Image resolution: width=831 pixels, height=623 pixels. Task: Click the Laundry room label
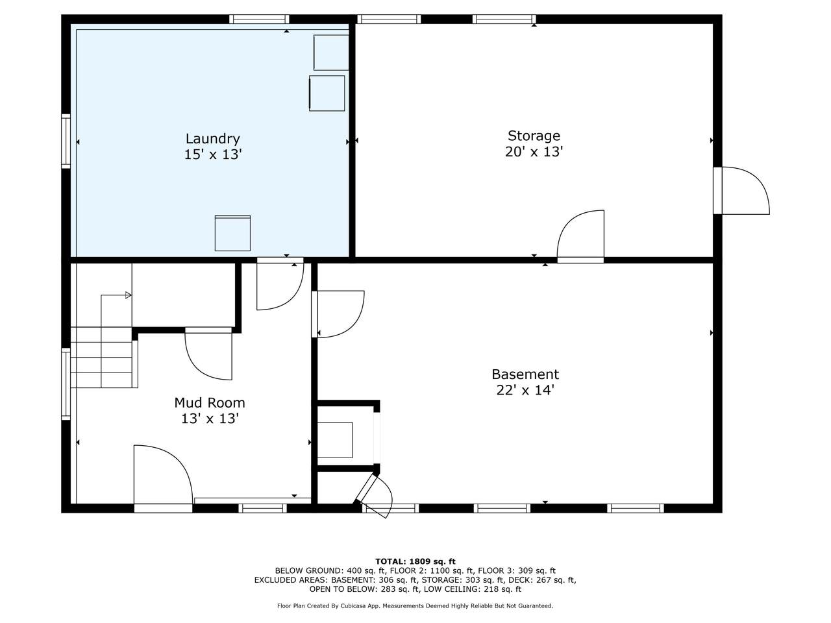212,138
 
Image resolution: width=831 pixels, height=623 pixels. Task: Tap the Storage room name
534,136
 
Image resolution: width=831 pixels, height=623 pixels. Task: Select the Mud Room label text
209,402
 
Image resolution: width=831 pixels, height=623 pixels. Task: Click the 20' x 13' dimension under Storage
534,152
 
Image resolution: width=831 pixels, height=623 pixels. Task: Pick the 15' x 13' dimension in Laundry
213,154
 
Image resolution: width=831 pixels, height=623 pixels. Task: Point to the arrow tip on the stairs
131,295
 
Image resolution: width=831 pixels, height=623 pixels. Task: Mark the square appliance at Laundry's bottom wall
232,233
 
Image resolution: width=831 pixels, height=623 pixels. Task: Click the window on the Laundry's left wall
66,141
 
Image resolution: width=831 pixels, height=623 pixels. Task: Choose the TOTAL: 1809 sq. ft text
415,561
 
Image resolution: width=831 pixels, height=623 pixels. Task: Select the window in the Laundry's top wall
259,19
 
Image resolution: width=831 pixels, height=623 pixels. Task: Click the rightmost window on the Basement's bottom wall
636,508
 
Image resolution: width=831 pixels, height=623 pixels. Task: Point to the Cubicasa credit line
415,605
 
